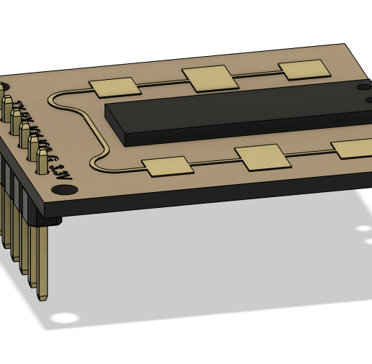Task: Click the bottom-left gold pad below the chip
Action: (x=169, y=168)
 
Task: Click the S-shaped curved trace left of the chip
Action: (x=97, y=133)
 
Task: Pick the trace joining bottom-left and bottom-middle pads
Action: (x=215, y=163)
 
